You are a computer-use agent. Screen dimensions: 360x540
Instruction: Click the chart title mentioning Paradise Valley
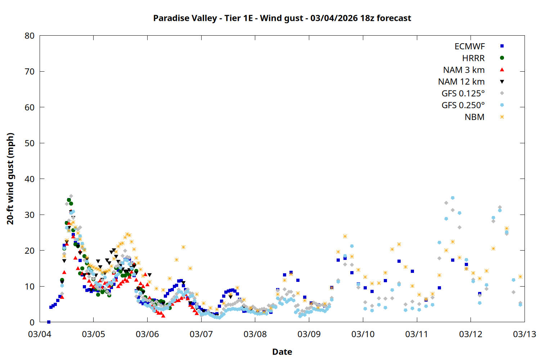click(282, 18)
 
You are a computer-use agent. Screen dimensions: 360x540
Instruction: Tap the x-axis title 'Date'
click(282, 352)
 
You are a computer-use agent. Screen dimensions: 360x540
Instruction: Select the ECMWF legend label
click(469, 46)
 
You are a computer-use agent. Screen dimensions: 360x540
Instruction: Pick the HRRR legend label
click(473, 58)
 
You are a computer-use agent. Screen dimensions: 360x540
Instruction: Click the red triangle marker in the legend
click(502, 70)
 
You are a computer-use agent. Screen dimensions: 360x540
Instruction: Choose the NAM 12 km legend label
click(461, 82)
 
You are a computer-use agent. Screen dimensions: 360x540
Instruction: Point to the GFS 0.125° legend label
click(463, 94)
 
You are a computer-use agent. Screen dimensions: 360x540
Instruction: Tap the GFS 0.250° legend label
click(463, 105)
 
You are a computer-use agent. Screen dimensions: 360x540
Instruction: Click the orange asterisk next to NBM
click(502, 117)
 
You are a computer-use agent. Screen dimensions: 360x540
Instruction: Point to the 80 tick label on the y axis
click(30, 36)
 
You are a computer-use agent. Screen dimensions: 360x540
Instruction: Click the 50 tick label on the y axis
click(30, 143)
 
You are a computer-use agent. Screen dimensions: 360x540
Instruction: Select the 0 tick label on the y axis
click(32, 322)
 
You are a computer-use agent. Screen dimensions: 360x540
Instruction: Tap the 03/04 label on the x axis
click(40, 334)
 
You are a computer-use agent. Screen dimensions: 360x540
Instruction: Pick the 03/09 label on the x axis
click(309, 334)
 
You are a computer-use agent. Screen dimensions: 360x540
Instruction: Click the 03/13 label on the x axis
click(524, 334)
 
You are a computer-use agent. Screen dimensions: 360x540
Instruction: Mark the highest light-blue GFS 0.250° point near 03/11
click(453, 198)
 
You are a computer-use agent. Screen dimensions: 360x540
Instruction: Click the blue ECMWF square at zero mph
click(49, 322)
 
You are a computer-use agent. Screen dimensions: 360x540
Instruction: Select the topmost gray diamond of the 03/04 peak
click(71, 196)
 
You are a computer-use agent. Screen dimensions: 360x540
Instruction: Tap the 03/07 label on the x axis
click(201, 334)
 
